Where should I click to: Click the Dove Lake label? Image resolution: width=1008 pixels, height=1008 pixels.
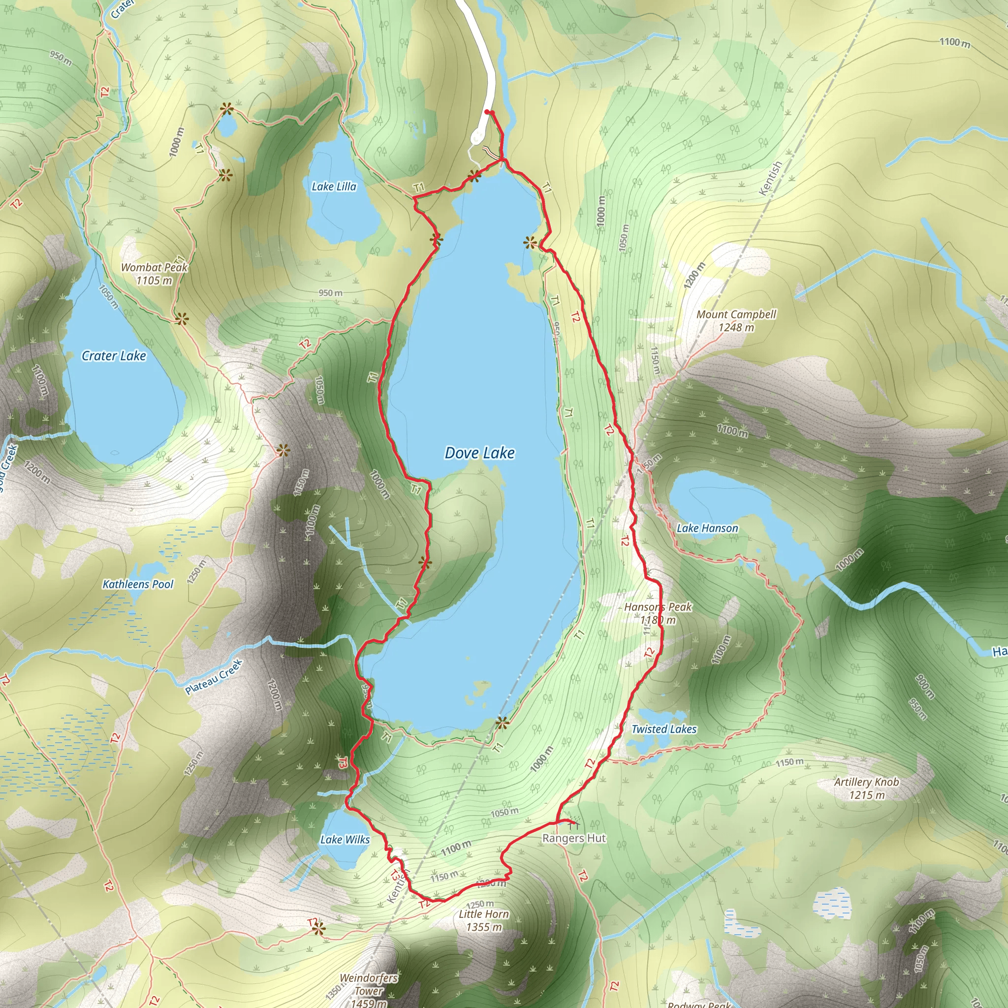click(x=479, y=453)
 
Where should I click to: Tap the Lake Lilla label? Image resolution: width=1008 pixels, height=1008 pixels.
click(x=334, y=187)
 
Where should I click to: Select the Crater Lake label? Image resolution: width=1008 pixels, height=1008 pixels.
click(x=114, y=356)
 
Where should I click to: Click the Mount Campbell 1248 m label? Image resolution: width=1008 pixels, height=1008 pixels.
click(x=736, y=321)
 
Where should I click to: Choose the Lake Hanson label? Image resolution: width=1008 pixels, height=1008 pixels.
click(x=707, y=529)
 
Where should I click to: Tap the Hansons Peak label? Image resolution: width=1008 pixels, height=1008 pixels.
click(x=658, y=607)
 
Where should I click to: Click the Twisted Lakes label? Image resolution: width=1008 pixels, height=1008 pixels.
click(x=663, y=729)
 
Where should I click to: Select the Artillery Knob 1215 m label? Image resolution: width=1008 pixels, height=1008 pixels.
click(x=867, y=788)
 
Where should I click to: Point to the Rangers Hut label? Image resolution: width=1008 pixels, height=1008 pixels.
click(x=574, y=838)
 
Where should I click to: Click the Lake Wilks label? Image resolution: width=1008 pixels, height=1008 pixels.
click(x=345, y=840)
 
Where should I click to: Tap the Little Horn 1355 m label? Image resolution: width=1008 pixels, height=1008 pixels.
click(x=484, y=920)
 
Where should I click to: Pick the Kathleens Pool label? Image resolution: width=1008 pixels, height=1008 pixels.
click(x=138, y=584)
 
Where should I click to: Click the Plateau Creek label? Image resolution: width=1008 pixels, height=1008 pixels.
click(x=214, y=677)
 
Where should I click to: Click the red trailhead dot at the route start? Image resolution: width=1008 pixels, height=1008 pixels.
click(x=487, y=112)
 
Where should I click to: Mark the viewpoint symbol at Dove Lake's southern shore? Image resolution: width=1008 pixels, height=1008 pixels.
click(x=502, y=723)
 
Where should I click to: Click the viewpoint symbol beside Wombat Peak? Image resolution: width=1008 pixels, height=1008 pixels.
click(x=181, y=319)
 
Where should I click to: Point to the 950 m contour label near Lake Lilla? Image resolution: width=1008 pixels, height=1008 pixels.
click(x=331, y=293)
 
